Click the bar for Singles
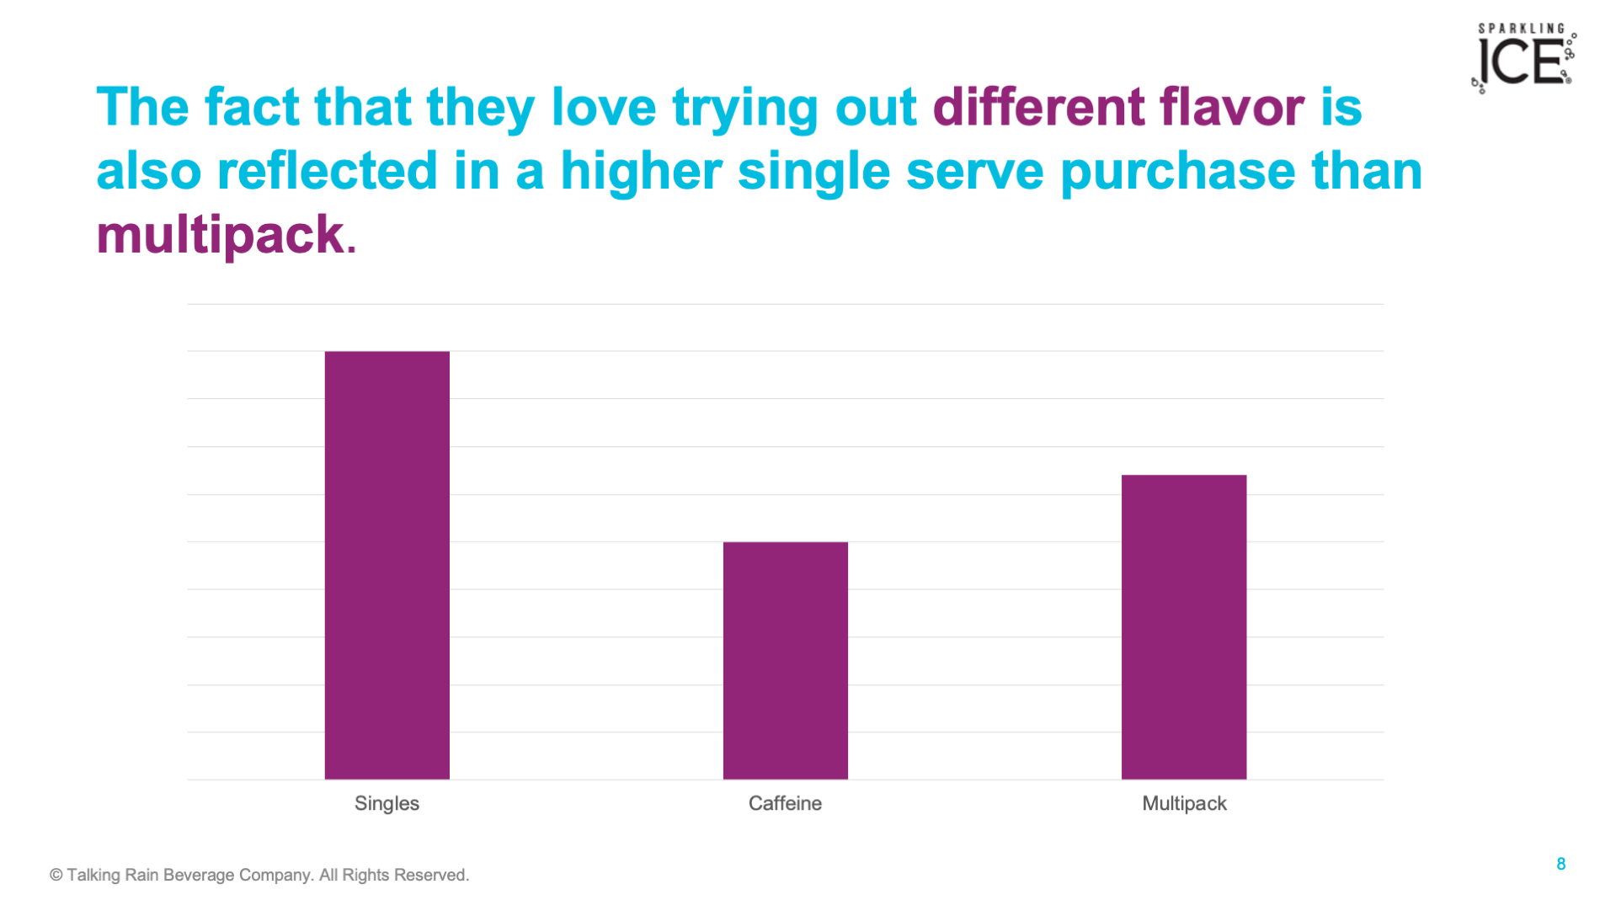tap(387, 565)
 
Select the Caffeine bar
tap(786, 661)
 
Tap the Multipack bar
tap(1184, 627)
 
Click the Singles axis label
tap(387, 803)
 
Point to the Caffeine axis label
tap(785, 803)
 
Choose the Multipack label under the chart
tap(1184, 803)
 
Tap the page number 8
tap(1560, 864)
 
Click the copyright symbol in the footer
tap(56, 876)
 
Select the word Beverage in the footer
tap(199, 875)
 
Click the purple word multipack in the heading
tap(220, 234)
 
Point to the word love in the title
tap(604, 107)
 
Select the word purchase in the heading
tap(1178, 171)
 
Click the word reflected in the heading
tap(328, 171)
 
